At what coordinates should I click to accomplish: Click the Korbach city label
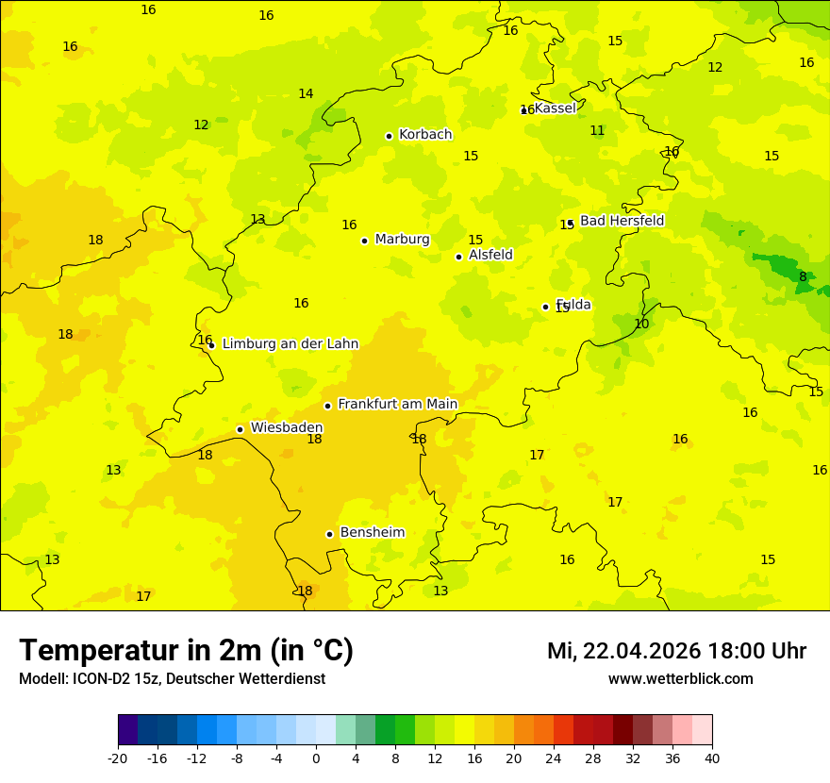(x=425, y=135)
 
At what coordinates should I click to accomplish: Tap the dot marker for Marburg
(x=364, y=241)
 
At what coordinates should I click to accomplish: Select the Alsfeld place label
(x=490, y=255)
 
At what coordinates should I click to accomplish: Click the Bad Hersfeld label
(x=622, y=221)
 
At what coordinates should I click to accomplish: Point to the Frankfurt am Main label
(x=397, y=404)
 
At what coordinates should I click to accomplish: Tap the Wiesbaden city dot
(x=240, y=429)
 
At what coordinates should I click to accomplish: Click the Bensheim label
(x=372, y=532)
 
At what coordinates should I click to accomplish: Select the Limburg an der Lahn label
(x=290, y=343)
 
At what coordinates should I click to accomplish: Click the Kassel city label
(x=555, y=108)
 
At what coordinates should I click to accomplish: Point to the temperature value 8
(x=803, y=277)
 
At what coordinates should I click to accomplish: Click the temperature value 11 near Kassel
(x=597, y=131)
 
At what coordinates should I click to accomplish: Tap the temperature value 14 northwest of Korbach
(x=306, y=94)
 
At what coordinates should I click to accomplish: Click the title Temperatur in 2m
(x=186, y=651)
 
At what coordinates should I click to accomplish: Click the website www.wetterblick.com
(x=680, y=679)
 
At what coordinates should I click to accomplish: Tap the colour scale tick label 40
(x=712, y=758)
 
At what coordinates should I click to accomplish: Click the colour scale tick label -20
(x=118, y=758)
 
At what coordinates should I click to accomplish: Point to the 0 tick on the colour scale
(x=316, y=758)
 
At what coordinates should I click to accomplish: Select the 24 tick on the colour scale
(x=554, y=758)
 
